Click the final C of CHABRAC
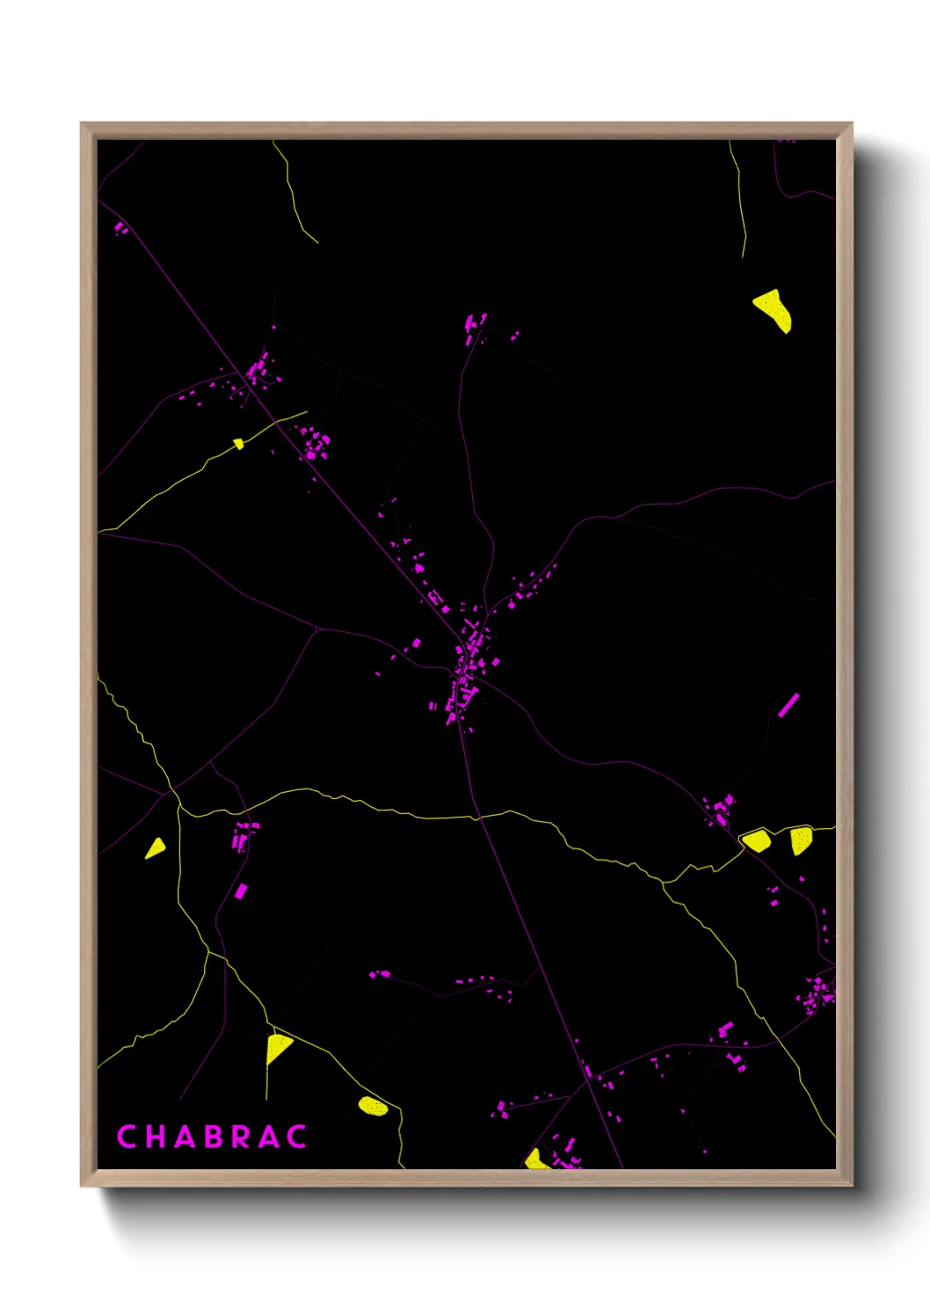tap(297, 1137)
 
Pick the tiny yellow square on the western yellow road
tap(238, 444)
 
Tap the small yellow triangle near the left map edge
tap(156, 848)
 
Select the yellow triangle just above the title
tap(277, 1047)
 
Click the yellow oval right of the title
tap(373, 1105)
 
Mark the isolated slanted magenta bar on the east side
tap(788, 705)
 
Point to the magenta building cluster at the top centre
tap(475, 327)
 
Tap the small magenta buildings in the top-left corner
tap(120, 229)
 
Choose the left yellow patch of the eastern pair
tap(756, 840)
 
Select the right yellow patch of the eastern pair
tap(799, 839)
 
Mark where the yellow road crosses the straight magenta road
tap(477, 818)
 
